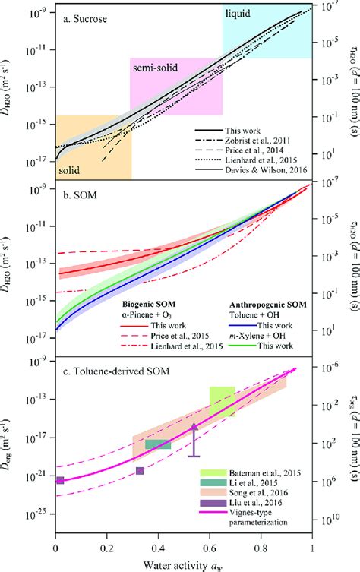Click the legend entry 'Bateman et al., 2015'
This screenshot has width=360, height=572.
coord(262,472)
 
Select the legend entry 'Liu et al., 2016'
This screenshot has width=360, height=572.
coord(254,504)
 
